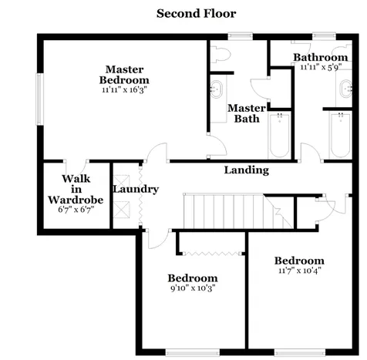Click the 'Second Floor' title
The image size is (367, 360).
(x=196, y=14)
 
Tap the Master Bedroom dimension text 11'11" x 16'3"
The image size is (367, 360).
(x=124, y=90)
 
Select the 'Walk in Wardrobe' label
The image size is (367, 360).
(x=76, y=189)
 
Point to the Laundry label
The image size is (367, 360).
(x=136, y=190)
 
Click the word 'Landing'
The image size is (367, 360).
(x=247, y=170)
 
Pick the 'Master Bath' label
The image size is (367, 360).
(x=247, y=113)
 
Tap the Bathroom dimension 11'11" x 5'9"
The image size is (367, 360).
(x=321, y=67)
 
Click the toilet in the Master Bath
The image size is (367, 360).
(x=221, y=54)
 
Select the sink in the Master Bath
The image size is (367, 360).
(x=216, y=89)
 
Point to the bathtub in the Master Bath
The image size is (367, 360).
(x=280, y=135)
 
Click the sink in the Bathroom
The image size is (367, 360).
(x=346, y=89)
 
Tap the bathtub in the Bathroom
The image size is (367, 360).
(x=341, y=135)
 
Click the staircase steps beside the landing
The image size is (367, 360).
(x=237, y=211)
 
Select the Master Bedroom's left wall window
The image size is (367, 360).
(x=39, y=99)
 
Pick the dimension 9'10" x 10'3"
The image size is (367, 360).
(x=193, y=288)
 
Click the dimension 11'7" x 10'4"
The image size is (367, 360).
(x=300, y=271)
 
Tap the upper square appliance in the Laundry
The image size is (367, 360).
(x=122, y=183)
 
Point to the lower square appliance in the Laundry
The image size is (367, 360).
(x=122, y=210)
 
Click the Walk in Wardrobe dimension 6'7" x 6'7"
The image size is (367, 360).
(x=76, y=210)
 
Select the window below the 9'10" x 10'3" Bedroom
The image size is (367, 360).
(x=193, y=352)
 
